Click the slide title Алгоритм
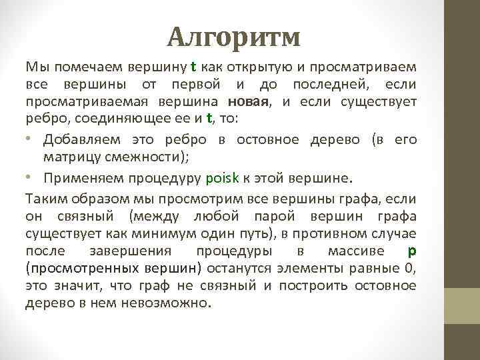click(x=233, y=37)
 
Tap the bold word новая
click(x=248, y=102)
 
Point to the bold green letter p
click(x=411, y=251)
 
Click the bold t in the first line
click(x=193, y=67)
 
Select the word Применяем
click(x=75, y=179)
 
